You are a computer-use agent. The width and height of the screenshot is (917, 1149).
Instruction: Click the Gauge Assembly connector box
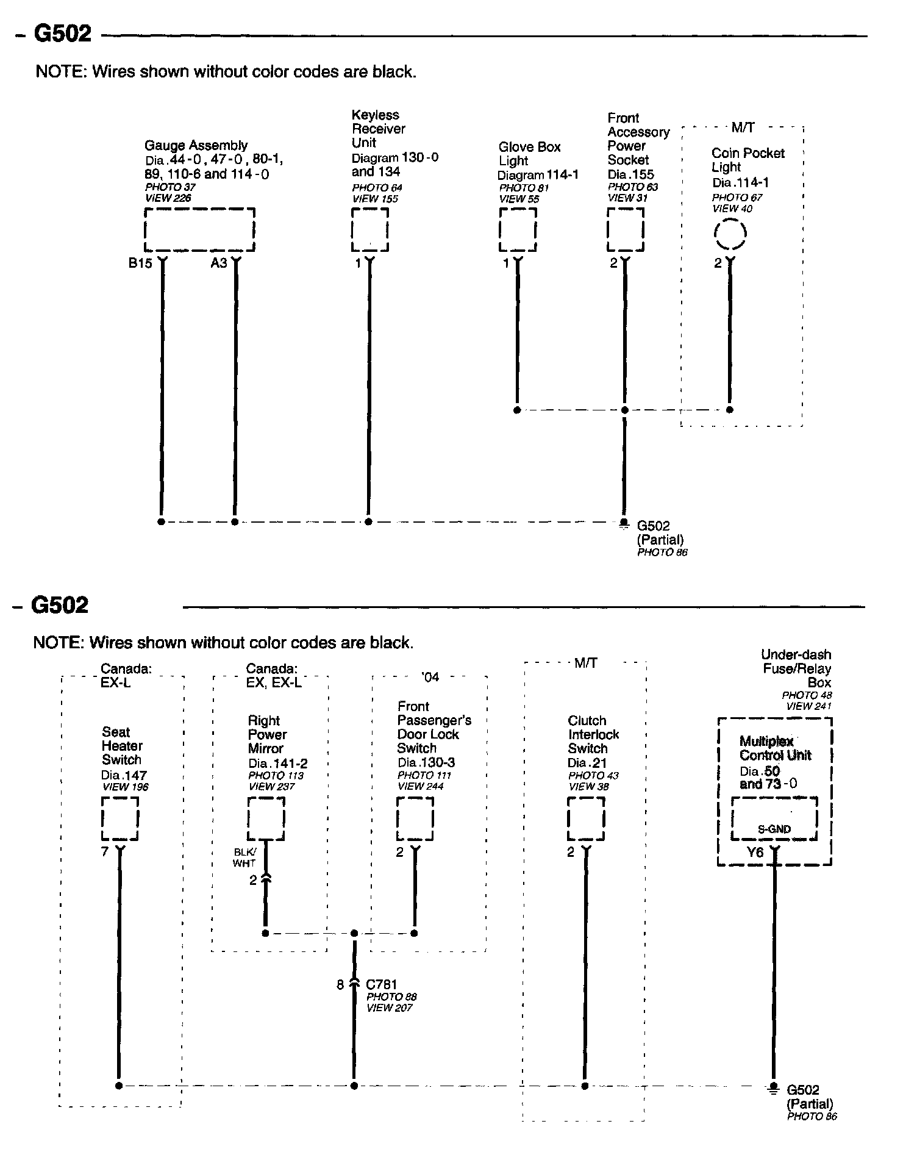point(199,230)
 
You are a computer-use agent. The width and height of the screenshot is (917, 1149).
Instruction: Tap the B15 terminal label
point(140,263)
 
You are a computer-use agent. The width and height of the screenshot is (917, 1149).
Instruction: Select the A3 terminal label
point(219,263)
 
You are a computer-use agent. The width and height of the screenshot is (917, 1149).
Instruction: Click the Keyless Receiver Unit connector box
point(369,230)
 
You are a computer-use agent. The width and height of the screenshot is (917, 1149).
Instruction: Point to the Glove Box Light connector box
point(518,230)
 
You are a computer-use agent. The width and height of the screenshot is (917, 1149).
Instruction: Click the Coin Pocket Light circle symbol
point(730,234)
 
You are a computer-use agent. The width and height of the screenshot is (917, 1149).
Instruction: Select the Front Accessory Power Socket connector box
point(625,230)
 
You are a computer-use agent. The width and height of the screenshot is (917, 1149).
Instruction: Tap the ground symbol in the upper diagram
point(623,523)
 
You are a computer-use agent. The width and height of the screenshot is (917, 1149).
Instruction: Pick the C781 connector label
point(381,984)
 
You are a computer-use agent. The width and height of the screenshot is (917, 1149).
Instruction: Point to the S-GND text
point(774,829)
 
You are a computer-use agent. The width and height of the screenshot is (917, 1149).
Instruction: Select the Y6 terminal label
point(755,853)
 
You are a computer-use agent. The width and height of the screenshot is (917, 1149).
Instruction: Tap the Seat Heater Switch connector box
point(120,819)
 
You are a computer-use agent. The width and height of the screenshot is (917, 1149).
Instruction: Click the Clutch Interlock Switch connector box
point(586,819)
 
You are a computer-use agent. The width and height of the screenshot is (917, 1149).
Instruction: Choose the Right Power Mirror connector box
point(266,819)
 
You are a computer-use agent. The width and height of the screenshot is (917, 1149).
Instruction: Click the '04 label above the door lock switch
point(430,677)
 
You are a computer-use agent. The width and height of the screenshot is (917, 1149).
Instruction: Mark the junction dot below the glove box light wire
point(517,410)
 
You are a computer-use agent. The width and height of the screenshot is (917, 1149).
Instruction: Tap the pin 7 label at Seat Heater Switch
point(105,851)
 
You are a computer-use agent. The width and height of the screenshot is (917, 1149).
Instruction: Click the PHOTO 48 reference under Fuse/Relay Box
point(807,695)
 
